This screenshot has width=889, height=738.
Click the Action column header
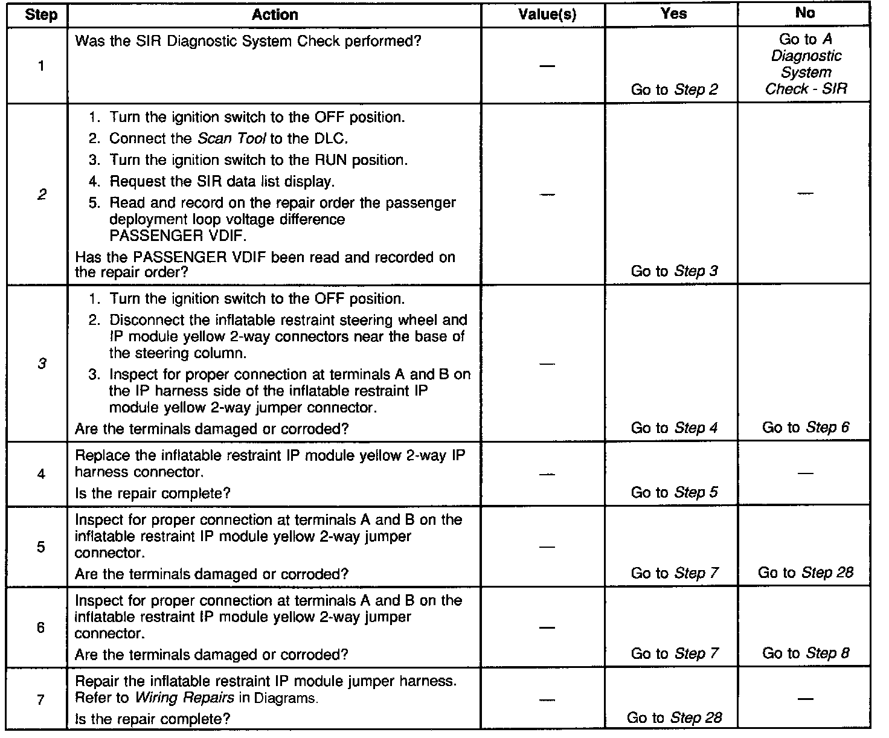click(x=275, y=14)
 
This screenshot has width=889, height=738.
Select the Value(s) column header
click(x=547, y=14)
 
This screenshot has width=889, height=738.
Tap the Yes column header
click(x=674, y=13)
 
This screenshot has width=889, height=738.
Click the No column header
click(x=805, y=13)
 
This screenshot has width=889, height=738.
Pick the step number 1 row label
click(x=41, y=66)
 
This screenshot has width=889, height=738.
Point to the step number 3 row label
click(x=41, y=364)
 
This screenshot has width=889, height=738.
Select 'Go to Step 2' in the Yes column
click(x=674, y=90)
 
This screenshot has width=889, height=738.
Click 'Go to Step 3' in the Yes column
click(x=674, y=271)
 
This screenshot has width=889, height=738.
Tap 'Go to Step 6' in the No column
click(x=806, y=428)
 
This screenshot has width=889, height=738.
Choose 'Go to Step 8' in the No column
click(x=806, y=653)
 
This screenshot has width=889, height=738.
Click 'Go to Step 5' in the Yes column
click(x=674, y=493)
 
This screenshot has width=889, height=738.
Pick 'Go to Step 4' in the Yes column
click(x=674, y=428)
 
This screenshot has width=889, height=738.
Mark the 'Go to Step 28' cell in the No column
click(x=806, y=573)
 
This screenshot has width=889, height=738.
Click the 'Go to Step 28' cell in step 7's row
click(x=674, y=717)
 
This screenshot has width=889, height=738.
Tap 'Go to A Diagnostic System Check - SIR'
click(x=806, y=64)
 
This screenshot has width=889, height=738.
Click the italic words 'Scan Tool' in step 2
click(x=232, y=138)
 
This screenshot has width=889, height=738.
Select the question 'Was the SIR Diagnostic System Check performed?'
click(x=248, y=42)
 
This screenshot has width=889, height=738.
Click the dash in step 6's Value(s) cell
click(x=547, y=627)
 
